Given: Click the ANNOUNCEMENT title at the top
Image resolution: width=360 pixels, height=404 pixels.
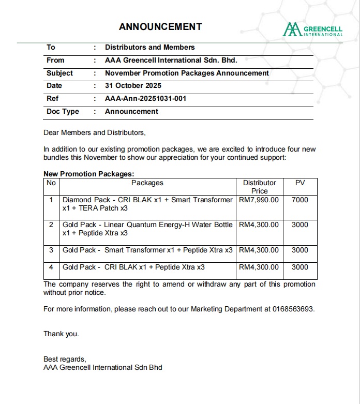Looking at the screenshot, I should tap(160, 26).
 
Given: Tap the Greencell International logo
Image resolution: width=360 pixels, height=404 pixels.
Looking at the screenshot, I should tap(313, 29).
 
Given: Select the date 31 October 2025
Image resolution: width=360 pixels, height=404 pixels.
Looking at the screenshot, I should tap(133, 86).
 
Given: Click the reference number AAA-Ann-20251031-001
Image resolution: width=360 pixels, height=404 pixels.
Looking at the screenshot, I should tap(145, 98).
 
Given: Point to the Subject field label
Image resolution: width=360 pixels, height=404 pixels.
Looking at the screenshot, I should tap(59, 73).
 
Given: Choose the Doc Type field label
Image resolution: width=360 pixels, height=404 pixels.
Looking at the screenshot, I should tap(63, 111).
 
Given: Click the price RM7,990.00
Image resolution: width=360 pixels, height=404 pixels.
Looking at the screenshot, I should tap(259, 200).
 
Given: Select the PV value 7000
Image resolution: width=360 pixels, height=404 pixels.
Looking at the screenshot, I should tap(300, 200).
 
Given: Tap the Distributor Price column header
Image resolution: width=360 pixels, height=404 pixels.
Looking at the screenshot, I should tap(259, 187).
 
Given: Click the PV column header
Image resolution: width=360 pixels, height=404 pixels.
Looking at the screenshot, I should tap(300, 183).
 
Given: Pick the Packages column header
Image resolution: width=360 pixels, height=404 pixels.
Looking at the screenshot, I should tap(147, 183).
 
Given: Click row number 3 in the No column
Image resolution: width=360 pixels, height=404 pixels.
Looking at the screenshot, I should tap(51, 250).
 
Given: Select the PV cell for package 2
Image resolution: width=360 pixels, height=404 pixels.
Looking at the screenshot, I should tap(300, 225).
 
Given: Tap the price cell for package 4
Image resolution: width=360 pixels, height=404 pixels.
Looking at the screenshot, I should tap(259, 267).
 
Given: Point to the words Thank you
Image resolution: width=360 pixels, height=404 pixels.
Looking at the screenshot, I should tap(61, 334).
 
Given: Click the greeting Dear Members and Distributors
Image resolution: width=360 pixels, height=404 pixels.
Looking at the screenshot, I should tap(95, 132).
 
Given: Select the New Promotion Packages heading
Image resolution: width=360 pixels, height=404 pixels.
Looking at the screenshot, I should tap(89, 174).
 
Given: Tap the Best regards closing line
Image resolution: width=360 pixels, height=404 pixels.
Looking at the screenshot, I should tap(65, 359).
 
